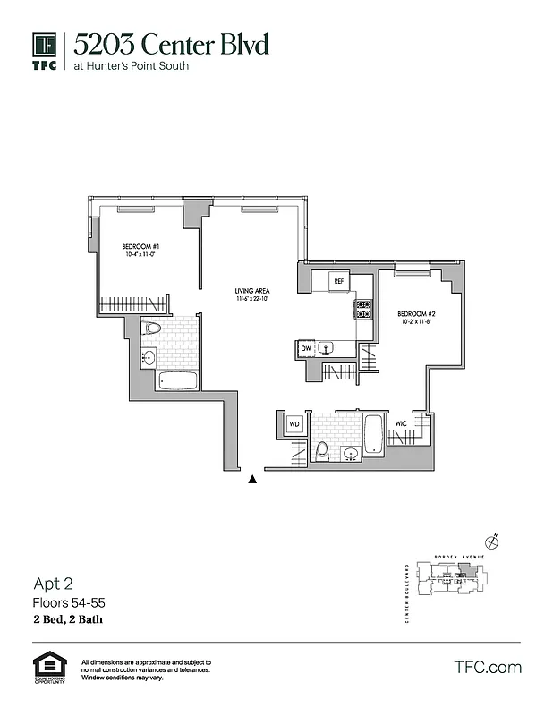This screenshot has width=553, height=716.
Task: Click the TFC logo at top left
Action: [45, 52]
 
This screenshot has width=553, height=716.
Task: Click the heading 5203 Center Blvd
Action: [170, 44]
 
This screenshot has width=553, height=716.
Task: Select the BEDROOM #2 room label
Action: [416, 313]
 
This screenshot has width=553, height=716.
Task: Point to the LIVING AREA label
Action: [251, 292]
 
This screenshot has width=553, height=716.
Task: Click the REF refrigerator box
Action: [338, 281]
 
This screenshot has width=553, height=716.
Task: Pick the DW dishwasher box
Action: [306, 348]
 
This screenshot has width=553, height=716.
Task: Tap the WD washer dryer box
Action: [294, 423]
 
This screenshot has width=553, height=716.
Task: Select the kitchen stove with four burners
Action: [364, 310]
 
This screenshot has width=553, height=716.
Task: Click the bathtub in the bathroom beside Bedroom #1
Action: [177, 380]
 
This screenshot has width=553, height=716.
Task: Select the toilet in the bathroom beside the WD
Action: [320, 449]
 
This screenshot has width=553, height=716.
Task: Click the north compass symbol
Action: [490, 541]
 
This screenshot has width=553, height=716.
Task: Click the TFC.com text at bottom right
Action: [488, 667]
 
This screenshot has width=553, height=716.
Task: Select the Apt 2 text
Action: [52, 585]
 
